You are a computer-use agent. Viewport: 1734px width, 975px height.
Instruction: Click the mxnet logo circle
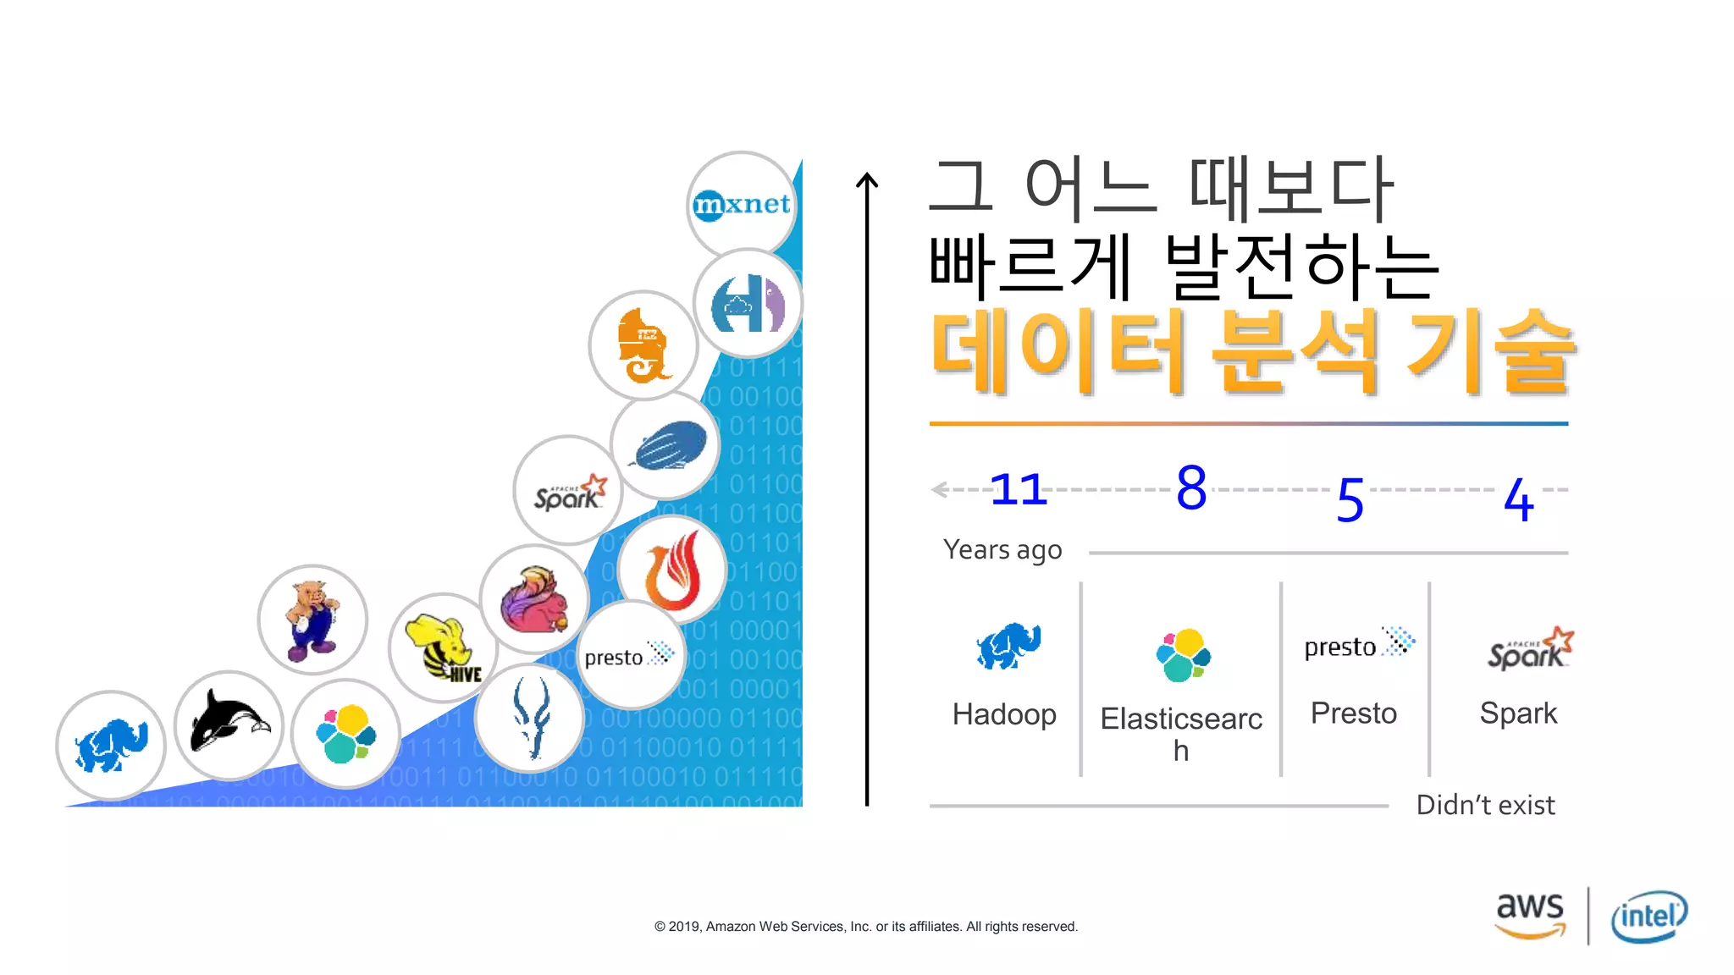(x=742, y=205)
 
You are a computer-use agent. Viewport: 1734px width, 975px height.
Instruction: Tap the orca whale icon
(x=229, y=724)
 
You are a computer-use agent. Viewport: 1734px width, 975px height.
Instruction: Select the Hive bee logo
(x=443, y=647)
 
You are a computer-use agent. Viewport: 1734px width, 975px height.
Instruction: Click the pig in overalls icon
(x=312, y=620)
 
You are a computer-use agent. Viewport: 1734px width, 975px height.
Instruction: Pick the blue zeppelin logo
(x=666, y=445)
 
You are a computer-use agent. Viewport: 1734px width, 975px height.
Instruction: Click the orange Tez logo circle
(x=643, y=345)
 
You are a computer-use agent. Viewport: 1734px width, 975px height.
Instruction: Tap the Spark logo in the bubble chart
(x=568, y=491)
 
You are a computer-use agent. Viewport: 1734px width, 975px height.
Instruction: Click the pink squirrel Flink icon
(x=534, y=599)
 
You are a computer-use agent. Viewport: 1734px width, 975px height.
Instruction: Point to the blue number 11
(x=1019, y=489)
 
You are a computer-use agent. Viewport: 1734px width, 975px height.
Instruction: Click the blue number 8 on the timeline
(x=1191, y=488)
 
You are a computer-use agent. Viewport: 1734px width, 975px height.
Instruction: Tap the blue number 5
(x=1350, y=500)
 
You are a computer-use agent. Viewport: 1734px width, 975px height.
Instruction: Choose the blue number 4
(x=1518, y=499)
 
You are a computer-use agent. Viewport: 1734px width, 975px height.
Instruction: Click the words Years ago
(x=1002, y=550)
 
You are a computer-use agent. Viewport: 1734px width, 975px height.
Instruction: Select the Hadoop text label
(x=1004, y=714)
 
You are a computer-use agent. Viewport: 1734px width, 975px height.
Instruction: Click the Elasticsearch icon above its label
(x=1183, y=655)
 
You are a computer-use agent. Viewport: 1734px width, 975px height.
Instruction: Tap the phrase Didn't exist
(x=1485, y=805)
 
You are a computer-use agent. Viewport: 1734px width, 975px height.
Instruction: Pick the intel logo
(x=1648, y=917)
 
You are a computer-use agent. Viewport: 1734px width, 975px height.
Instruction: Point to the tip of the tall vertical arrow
(x=867, y=175)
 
